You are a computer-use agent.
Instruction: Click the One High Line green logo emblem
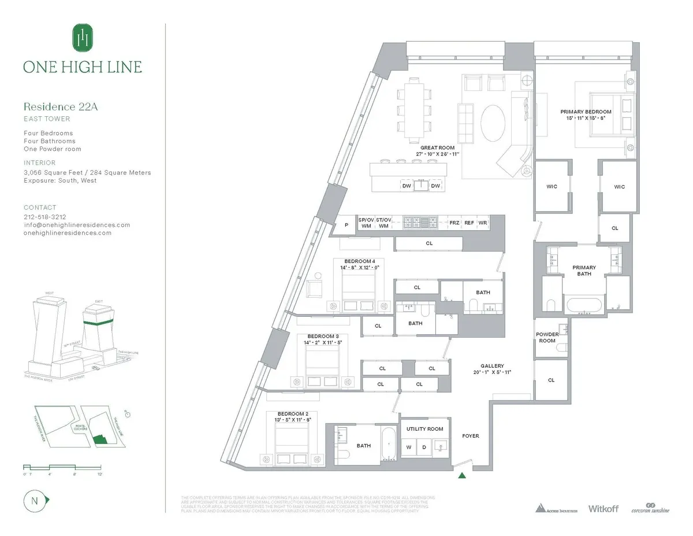click(x=83, y=38)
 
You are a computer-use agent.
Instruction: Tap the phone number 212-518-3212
click(x=46, y=217)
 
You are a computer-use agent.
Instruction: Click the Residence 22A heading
click(x=57, y=106)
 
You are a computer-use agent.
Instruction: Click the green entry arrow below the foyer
click(x=461, y=476)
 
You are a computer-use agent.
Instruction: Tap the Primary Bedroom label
click(x=586, y=111)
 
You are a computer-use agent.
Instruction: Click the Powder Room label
click(x=547, y=338)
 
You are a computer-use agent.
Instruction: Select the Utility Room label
click(x=424, y=429)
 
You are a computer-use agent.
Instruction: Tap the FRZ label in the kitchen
click(x=454, y=222)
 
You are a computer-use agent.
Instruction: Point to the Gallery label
click(x=492, y=366)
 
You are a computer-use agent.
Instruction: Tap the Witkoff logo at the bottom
click(x=603, y=509)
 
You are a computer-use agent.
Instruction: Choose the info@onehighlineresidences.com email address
click(x=77, y=225)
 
